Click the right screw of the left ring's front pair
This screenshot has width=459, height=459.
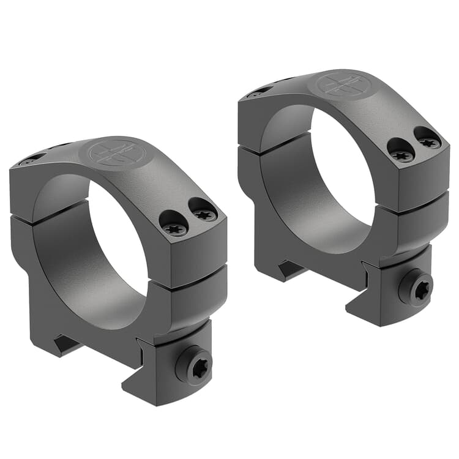pos(203,212)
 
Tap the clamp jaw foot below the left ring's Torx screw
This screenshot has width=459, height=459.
pos(159,392)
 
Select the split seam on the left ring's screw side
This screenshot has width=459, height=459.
pos(190,275)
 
